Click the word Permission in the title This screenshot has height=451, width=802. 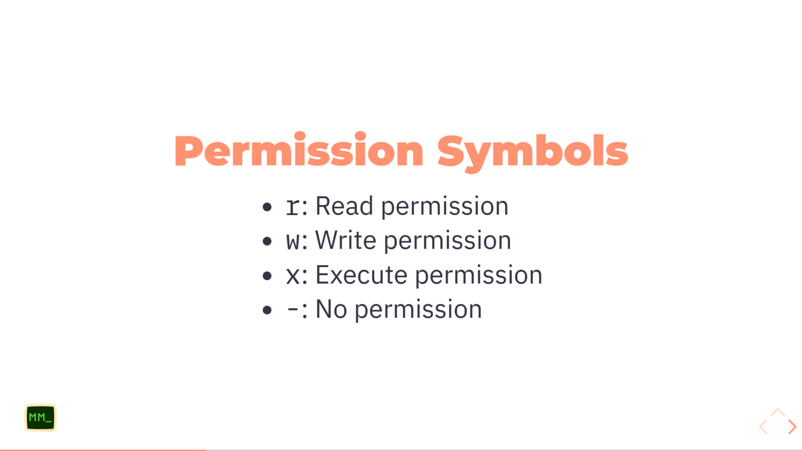click(x=299, y=151)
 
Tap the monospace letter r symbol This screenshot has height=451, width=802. click(x=293, y=207)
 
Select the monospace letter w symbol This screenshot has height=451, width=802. click(x=293, y=242)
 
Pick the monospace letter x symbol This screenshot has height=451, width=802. click(x=293, y=276)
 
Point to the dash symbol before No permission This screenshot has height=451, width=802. click(x=293, y=310)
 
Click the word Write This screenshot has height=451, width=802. click(x=346, y=241)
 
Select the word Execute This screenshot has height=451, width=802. click(x=361, y=275)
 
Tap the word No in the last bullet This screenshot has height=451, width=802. click(x=332, y=310)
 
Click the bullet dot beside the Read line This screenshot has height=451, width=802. click(x=267, y=207)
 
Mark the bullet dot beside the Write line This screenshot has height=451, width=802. click(x=267, y=242)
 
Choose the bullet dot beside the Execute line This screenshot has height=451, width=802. click(x=267, y=276)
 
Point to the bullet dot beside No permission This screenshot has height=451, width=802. click(x=267, y=311)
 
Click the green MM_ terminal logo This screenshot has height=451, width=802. click(x=40, y=418)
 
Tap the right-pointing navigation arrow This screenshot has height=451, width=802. click(x=792, y=427)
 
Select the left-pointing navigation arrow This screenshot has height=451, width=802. click(x=763, y=427)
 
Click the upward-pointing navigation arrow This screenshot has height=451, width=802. click(x=777, y=412)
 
